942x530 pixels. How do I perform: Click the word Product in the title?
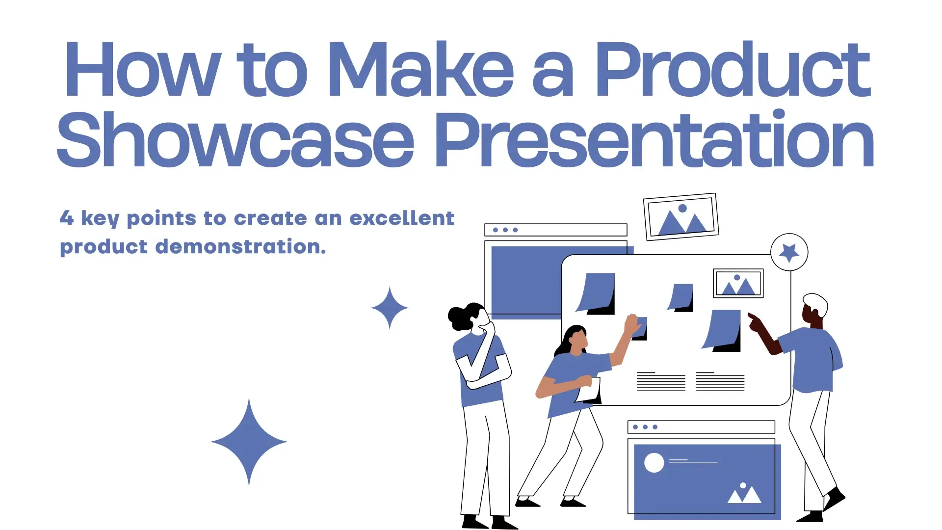pyautogui.click(x=732, y=70)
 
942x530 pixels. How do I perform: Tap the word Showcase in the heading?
pyautogui.click(x=235, y=140)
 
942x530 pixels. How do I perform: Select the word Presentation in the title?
pyautogui.click(x=654, y=140)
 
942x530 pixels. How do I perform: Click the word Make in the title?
pyautogui.click(x=420, y=70)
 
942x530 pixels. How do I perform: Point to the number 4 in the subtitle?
pyautogui.click(x=67, y=218)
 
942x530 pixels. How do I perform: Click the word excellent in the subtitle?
pyautogui.click(x=402, y=218)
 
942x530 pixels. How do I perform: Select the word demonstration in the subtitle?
pyautogui.click(x=240, y=246)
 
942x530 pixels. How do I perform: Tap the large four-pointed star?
pyautogui.click(x=249, y=442)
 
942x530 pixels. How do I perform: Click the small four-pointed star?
pyautogui.click(x=390, y=308)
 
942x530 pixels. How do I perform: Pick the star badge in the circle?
pyautogui.click(x=789, y=252)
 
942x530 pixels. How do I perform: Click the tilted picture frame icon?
pyautogui.click(x=681, y=217)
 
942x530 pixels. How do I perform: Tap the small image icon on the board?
pyautogui.click(x=738, y=284)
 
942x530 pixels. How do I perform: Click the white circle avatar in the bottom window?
pyautogui.click(x=654, y=463)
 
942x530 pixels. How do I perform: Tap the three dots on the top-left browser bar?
pyautogui.click(x=505, y=230)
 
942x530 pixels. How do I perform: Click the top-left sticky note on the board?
pyautogui.click(x=597, y=292)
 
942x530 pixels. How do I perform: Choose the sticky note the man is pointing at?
pyautogui.click(x=722, y=329)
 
